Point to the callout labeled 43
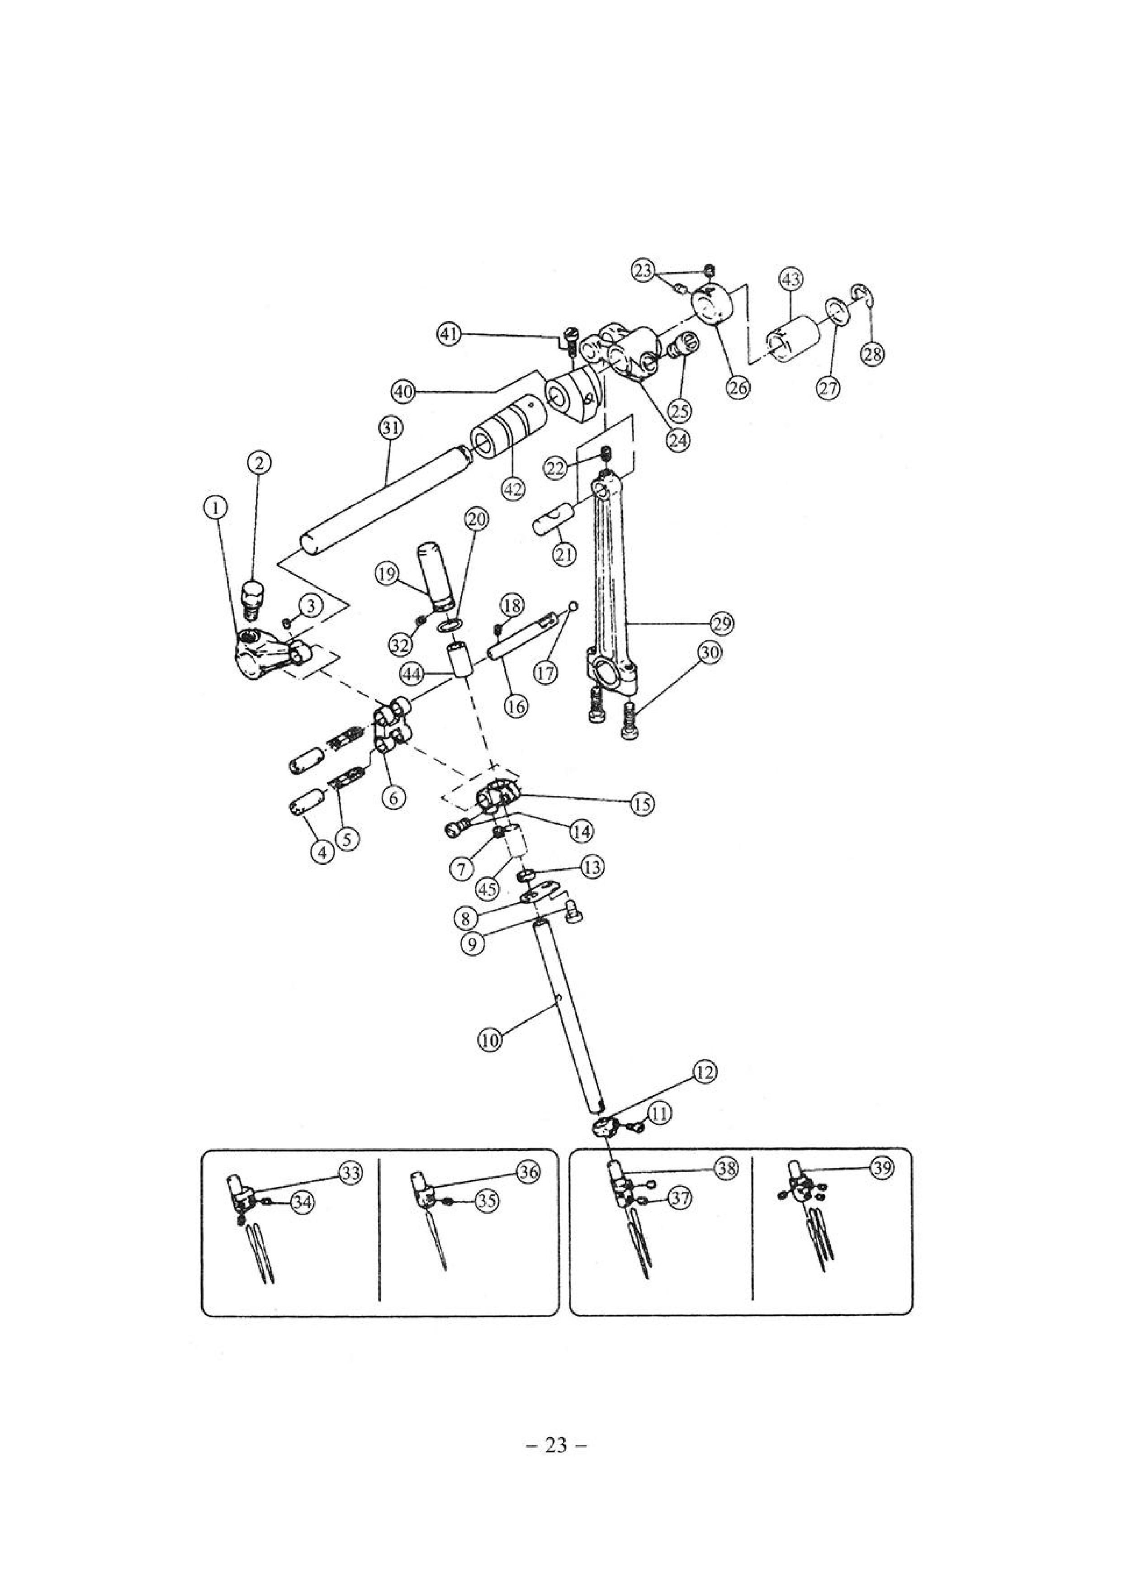tap(790, 280)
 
